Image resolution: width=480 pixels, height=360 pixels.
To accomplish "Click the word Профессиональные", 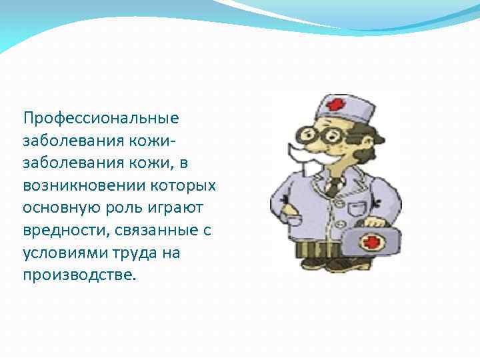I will [101, 119].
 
